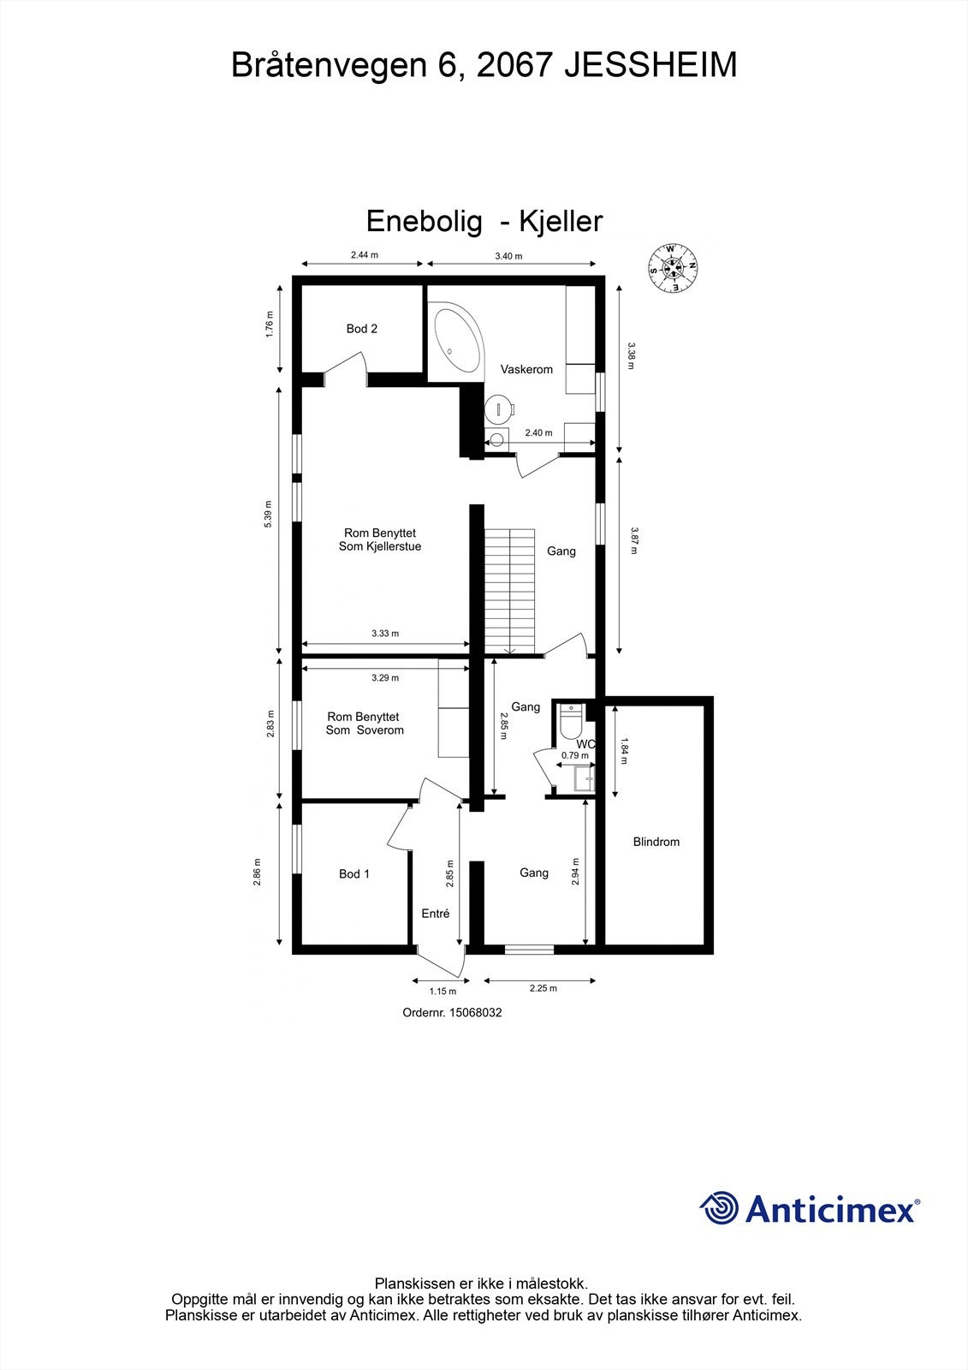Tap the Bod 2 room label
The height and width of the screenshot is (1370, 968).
point(361,329)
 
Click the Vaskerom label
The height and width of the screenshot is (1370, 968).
point(526,370)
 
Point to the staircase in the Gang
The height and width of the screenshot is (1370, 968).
point(509,590)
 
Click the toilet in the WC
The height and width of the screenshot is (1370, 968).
point(570,722)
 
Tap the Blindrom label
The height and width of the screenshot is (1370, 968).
point(656,842)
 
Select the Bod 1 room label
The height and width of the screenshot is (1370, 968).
point(354,873)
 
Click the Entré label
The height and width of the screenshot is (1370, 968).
point(436,914)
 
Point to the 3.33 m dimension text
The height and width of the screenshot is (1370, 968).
point(385,634)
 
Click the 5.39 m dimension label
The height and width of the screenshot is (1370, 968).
point(268,514)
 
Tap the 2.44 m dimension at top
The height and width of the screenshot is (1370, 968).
point(364,254)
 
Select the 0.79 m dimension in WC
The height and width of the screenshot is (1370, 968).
point(575,755)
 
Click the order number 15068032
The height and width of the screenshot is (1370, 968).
point(452,1012)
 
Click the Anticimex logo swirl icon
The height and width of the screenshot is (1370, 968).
point(719,1208)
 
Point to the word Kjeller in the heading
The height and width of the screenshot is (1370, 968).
point(561,221)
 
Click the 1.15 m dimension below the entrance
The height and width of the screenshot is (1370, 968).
point(442,992)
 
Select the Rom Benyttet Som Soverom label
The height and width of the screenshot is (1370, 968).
point(365,724)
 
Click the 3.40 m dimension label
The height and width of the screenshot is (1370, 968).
point(508,256)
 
